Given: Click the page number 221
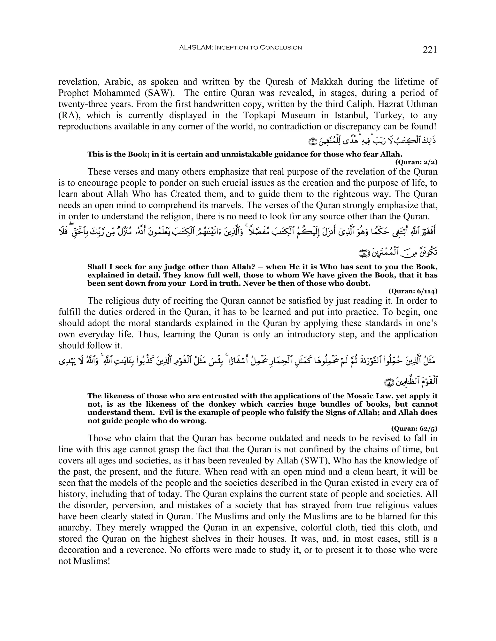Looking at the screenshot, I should [x=430, y=50].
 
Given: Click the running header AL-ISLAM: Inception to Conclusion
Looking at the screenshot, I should [x=240, y=48].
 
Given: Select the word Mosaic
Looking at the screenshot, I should [x=353, y=396].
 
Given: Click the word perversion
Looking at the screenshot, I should [x=128, y=505].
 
